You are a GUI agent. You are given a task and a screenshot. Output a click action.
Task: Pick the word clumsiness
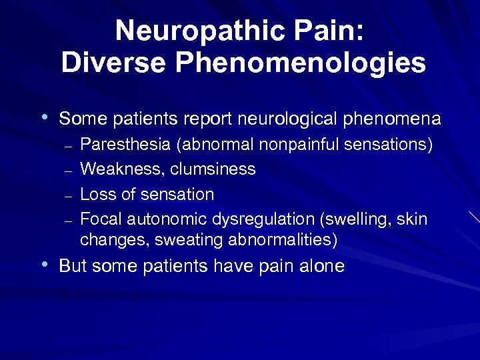tap(213, 169)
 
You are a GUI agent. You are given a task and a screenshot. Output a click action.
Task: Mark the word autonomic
tap(167, 219)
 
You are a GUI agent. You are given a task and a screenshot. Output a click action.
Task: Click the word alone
tap(322, 267)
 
